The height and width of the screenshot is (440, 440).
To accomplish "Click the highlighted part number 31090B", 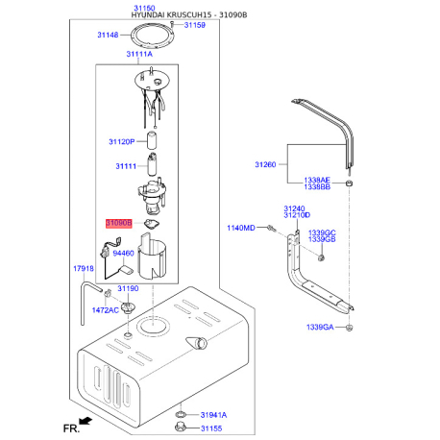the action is pos(119,223).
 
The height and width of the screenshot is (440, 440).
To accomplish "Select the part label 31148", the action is pos(108,35).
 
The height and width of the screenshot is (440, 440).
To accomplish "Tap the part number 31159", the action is pos(195,25).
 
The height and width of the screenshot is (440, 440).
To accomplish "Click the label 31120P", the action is pos(122,141).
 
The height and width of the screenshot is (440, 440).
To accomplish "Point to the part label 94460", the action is pos(123,254).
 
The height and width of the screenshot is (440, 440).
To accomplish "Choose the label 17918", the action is pos(84,268).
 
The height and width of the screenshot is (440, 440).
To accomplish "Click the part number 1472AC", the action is pos(106,310).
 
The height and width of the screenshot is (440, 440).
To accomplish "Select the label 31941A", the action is pos(213,415).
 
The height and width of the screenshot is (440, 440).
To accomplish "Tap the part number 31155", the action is pos(211,428).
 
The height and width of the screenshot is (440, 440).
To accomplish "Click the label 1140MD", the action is pos(241,228).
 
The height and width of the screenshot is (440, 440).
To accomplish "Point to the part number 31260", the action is pos(265,164).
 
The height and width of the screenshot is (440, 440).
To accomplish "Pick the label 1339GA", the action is pos(320,327).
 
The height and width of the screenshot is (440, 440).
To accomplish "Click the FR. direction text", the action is pos(71,428).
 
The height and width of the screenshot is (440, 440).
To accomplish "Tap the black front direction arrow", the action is pos(86,421).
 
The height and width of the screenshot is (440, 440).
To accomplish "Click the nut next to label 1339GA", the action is pos(350,328).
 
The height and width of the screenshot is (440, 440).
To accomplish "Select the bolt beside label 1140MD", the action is pos(272,228).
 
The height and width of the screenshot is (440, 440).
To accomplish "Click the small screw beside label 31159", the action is pos(172,25).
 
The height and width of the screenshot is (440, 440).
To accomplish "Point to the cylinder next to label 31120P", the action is pos(152,140).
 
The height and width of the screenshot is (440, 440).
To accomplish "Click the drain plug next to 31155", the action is pos(181,427).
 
